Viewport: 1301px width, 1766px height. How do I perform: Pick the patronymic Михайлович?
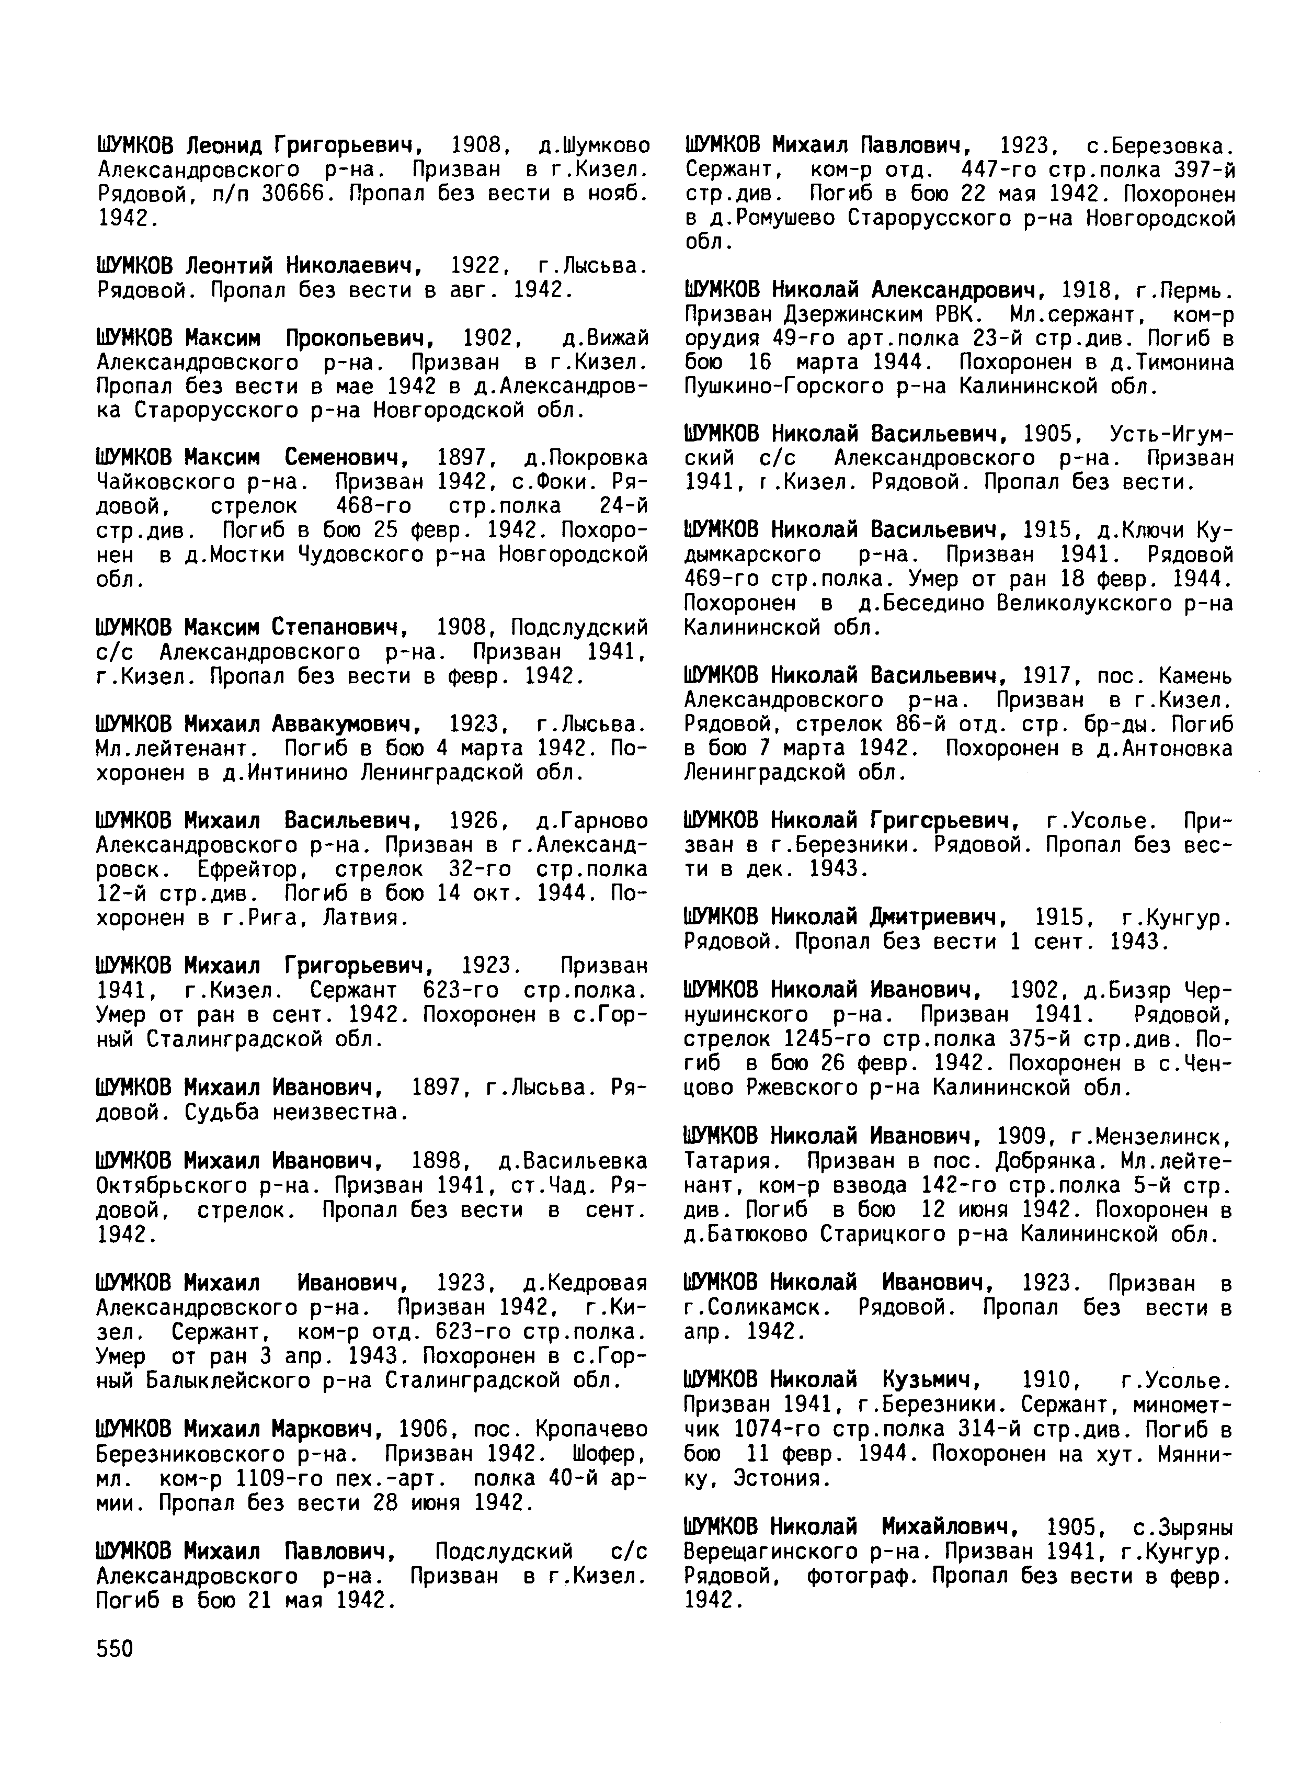[x=950, y=1527]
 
